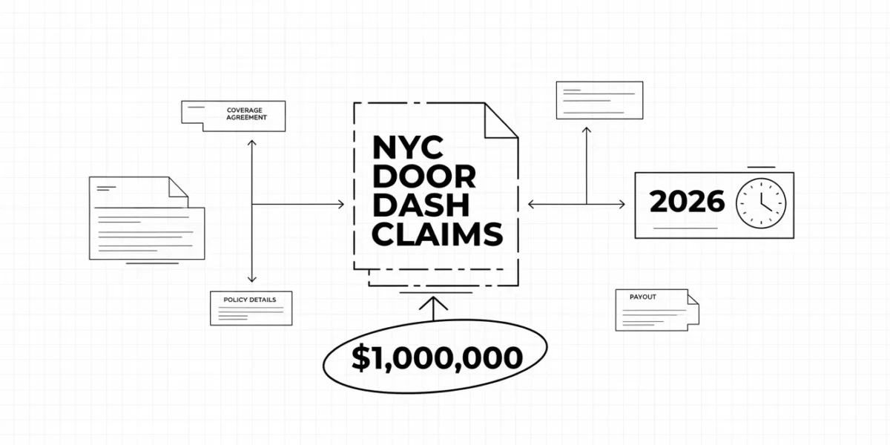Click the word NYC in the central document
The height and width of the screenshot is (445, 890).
pyautogui.click(x=408, y=148)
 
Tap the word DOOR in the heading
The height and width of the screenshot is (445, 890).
pyautogui.click(x=424, y=177)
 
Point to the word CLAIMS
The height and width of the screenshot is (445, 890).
pyautogui.click(x=438, y=234)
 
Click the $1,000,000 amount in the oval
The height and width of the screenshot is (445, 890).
pyautogui.click(x=437, y=357)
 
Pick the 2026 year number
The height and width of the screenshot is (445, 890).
pyautogui.click(x=687, y=202)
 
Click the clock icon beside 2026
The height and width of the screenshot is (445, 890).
pyautogui.click(x=761, y=203)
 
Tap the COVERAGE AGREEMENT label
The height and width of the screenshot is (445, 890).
pyautogui.click(x=246, y=113)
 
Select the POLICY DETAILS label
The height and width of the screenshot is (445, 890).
pyautogui.click(x=249, y=300)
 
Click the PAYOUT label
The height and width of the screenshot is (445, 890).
pyautogui.click(x=643, y=297)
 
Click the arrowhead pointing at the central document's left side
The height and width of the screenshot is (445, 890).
pyautogui.click(x=341, y=204)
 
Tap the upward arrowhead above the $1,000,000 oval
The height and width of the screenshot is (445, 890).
pyautogui.click(x=433, y=303)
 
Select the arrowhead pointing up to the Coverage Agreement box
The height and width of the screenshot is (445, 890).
pyautogui.click(x=251, y=143)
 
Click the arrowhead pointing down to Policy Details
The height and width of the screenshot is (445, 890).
pyautogui.click(x=251, y=279)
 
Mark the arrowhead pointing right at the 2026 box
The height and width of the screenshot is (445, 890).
pyautogui.click(x=622, y=204)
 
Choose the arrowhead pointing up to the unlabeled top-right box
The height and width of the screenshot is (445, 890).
pyautogui.click(x=587, y=131)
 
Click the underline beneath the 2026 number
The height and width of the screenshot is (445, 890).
pyautogui.click(x=685, y=228)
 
